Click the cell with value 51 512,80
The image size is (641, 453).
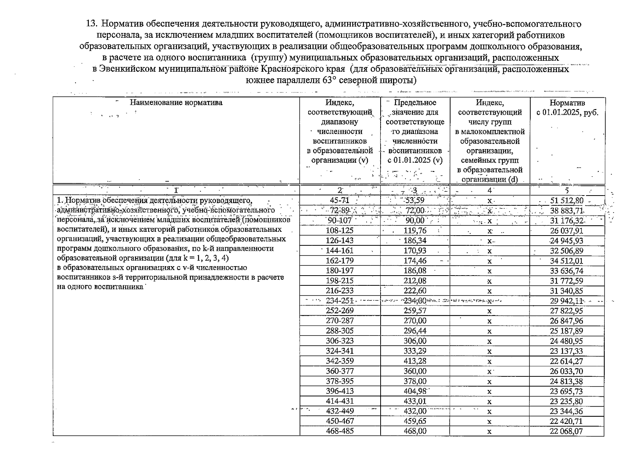(x=567, y=200)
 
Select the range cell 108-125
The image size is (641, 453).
(x=339, y=231)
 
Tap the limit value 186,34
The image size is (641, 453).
(x=415, y=240)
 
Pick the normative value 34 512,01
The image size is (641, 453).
(x=567, y=261)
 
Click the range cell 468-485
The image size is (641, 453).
(x=339, y=431)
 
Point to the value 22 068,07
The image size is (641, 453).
(x=567, y=431)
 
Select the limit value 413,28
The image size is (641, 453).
(x=415, y=361)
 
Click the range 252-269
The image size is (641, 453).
(x=339, y=311)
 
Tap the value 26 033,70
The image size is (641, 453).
(x=567, y=371)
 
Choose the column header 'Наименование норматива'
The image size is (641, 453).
(x=176, y=102)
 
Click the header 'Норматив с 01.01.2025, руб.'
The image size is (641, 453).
(x=567, y=108)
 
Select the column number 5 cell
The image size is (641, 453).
(x=567, y=190)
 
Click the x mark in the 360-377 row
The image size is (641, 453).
(x=489, y=371)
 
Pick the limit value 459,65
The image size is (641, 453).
(x=415, y=421)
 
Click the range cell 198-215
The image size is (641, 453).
(x=339, y=281)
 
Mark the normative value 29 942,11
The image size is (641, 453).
(x=567, y=301)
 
